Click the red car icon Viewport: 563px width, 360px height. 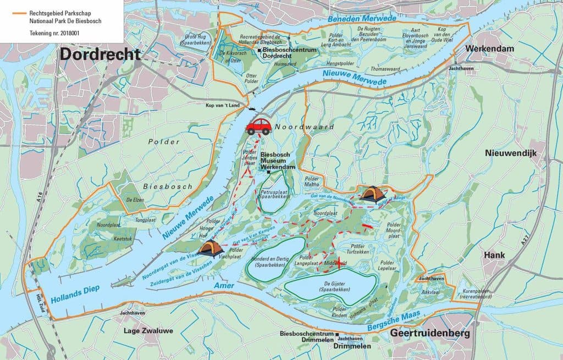(258, 126)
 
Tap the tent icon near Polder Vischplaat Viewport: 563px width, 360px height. (211, 250)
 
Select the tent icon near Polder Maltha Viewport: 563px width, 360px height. (373, 195)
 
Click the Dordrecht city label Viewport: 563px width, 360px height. (100, 54)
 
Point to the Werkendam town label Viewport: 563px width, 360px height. (490, 49)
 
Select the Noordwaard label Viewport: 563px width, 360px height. (298, 126)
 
